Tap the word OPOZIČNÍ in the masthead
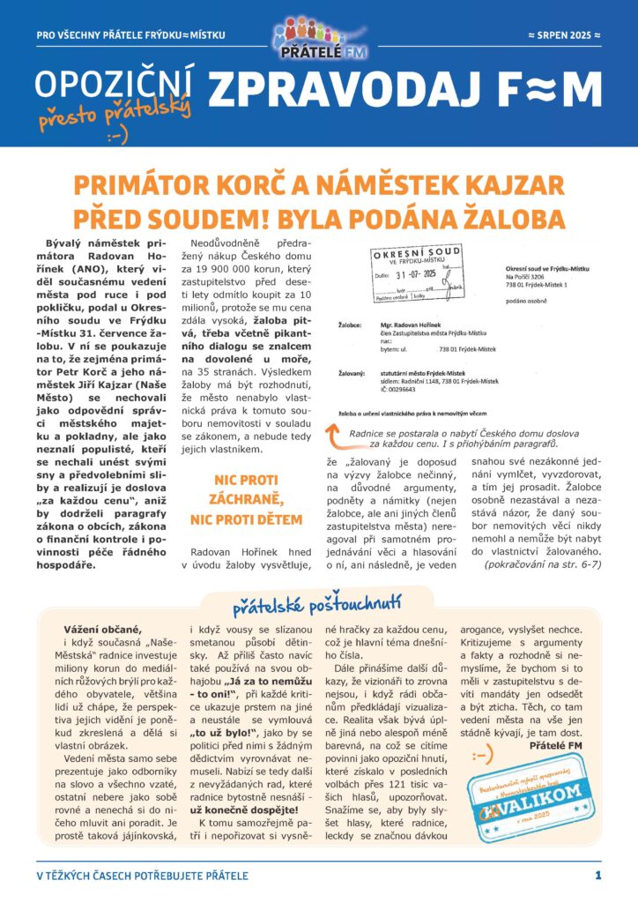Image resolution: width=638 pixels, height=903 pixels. point(115,88)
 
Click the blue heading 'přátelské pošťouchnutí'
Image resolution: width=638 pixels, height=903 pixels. point(317,607)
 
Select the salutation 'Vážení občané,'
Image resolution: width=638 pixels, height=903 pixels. point(102,629)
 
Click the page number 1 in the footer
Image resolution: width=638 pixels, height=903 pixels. point(598,875)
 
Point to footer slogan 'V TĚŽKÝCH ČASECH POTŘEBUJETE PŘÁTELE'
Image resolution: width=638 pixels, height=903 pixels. point(143,876)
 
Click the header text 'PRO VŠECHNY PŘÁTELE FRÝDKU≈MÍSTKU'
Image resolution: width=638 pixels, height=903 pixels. point(131,35)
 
